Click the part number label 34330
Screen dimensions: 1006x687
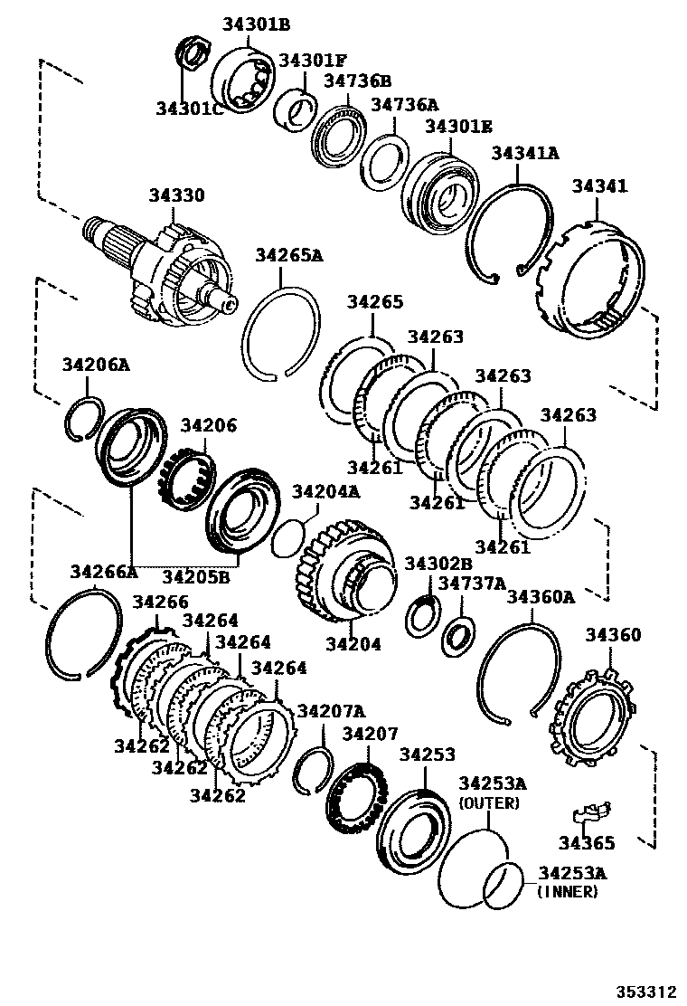tap(177, 196)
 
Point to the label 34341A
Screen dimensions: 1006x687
tap(524, 154)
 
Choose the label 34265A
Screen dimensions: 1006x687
tap(288, 256)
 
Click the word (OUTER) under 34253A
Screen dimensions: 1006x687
tap(489, 803)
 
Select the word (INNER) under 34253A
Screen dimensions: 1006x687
tap(567, 892)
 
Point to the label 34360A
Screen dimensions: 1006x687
tap(541, 597)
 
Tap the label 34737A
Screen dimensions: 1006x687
tap(472, 584)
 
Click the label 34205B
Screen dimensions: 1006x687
tap(196, 575)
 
